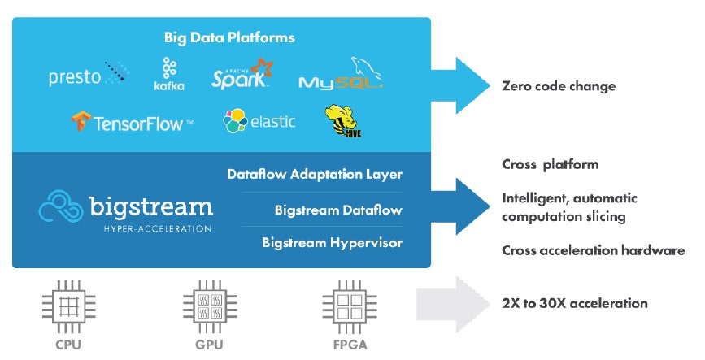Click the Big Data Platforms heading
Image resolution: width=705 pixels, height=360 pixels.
coord(229,37)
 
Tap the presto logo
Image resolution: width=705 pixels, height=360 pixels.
coord(89,76)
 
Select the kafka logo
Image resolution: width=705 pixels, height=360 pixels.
coord(169,73)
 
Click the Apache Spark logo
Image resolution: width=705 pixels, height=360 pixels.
coord(242,74)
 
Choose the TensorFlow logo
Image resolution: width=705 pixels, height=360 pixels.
coord(132,124)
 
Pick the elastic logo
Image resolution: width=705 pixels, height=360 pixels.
coord(259,122)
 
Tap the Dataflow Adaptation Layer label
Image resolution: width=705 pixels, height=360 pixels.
coord(315,174)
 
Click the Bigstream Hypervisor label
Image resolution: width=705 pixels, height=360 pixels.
coord(332,242)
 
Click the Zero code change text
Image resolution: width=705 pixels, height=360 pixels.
coord(559,86)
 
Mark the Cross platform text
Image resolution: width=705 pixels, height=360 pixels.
coord(550,164)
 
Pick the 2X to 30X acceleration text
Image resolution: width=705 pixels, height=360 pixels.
coord(575,303)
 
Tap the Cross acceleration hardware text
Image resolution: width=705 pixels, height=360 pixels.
coord(594,250)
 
